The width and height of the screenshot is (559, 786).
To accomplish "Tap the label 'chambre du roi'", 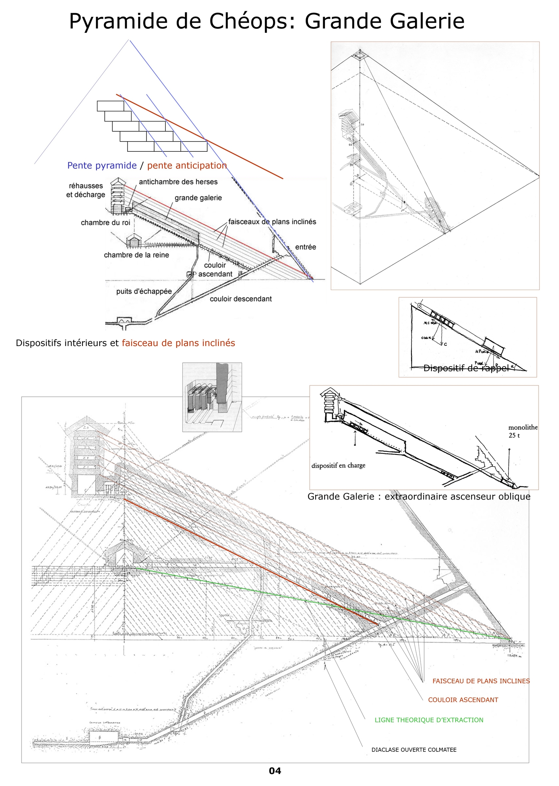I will click(x=105, y=222).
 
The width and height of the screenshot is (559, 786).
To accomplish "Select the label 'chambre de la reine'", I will click(x=136, y=255).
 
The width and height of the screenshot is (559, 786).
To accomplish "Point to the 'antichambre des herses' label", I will click(x=178, y=182).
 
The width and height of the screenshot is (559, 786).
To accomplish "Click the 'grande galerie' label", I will click(x=198, y=198).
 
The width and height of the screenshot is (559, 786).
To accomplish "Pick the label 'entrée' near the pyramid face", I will click(x=305, y=247).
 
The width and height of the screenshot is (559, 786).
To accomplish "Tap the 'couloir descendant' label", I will click(x=241, y=299).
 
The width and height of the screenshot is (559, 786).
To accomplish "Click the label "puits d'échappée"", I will click(x=144, y=291).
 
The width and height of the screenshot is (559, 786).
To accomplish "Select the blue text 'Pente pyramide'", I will click(x=102, y=165).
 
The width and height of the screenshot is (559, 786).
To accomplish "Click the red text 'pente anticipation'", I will click(x=187, y=165).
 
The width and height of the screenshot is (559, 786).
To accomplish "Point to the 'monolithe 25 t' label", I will click(x=523, y=431).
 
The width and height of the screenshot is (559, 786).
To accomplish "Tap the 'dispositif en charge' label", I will click(x=338, y=465).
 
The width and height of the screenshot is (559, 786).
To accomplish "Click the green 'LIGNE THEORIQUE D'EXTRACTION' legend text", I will click(x=429, y=720).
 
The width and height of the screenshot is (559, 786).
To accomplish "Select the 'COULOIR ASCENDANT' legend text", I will click(x=463, y=700).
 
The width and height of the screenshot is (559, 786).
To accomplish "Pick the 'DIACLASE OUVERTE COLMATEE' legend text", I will click(x=414, y=750).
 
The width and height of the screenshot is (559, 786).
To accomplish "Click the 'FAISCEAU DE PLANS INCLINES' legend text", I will click(x=481, y=681).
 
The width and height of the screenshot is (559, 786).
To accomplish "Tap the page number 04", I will click(x=275, y=771).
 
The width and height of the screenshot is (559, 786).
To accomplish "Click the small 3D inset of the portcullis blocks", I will click(x=212, y=397).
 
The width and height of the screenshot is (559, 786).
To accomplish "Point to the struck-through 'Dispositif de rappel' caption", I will click(x=466, y=368).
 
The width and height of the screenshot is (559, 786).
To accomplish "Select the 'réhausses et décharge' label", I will click(x=85, y=190).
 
